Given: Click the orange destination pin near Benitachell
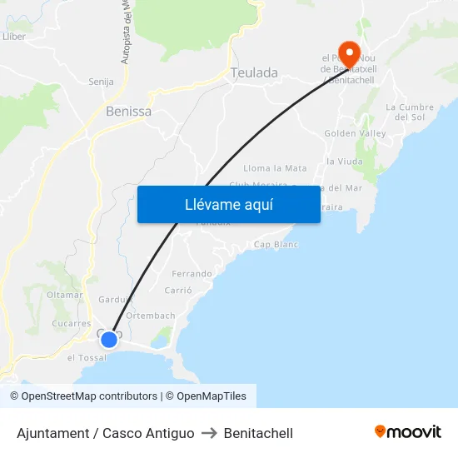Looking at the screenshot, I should (348, 54).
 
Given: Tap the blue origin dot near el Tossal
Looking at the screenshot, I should (109, 339).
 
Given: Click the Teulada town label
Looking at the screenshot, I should (255, 73).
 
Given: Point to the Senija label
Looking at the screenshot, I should (101, 82).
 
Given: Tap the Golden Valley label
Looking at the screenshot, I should (354, 133).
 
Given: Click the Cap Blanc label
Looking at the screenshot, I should (276, 245).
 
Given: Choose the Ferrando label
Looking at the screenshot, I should (192, 273).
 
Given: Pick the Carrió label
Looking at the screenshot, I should (178, 291).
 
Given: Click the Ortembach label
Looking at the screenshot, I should (151, 316).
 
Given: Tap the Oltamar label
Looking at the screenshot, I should (64, 295).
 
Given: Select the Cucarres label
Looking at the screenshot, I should (71, 323).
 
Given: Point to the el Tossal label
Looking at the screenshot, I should (87, 358).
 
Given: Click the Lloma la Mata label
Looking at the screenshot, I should (275, 168).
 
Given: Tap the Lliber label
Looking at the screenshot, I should (14, 37).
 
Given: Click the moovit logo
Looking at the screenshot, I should (407, 432).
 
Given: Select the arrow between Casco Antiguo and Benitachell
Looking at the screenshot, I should (209, 433).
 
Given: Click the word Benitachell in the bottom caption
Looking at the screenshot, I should (258, 433).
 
